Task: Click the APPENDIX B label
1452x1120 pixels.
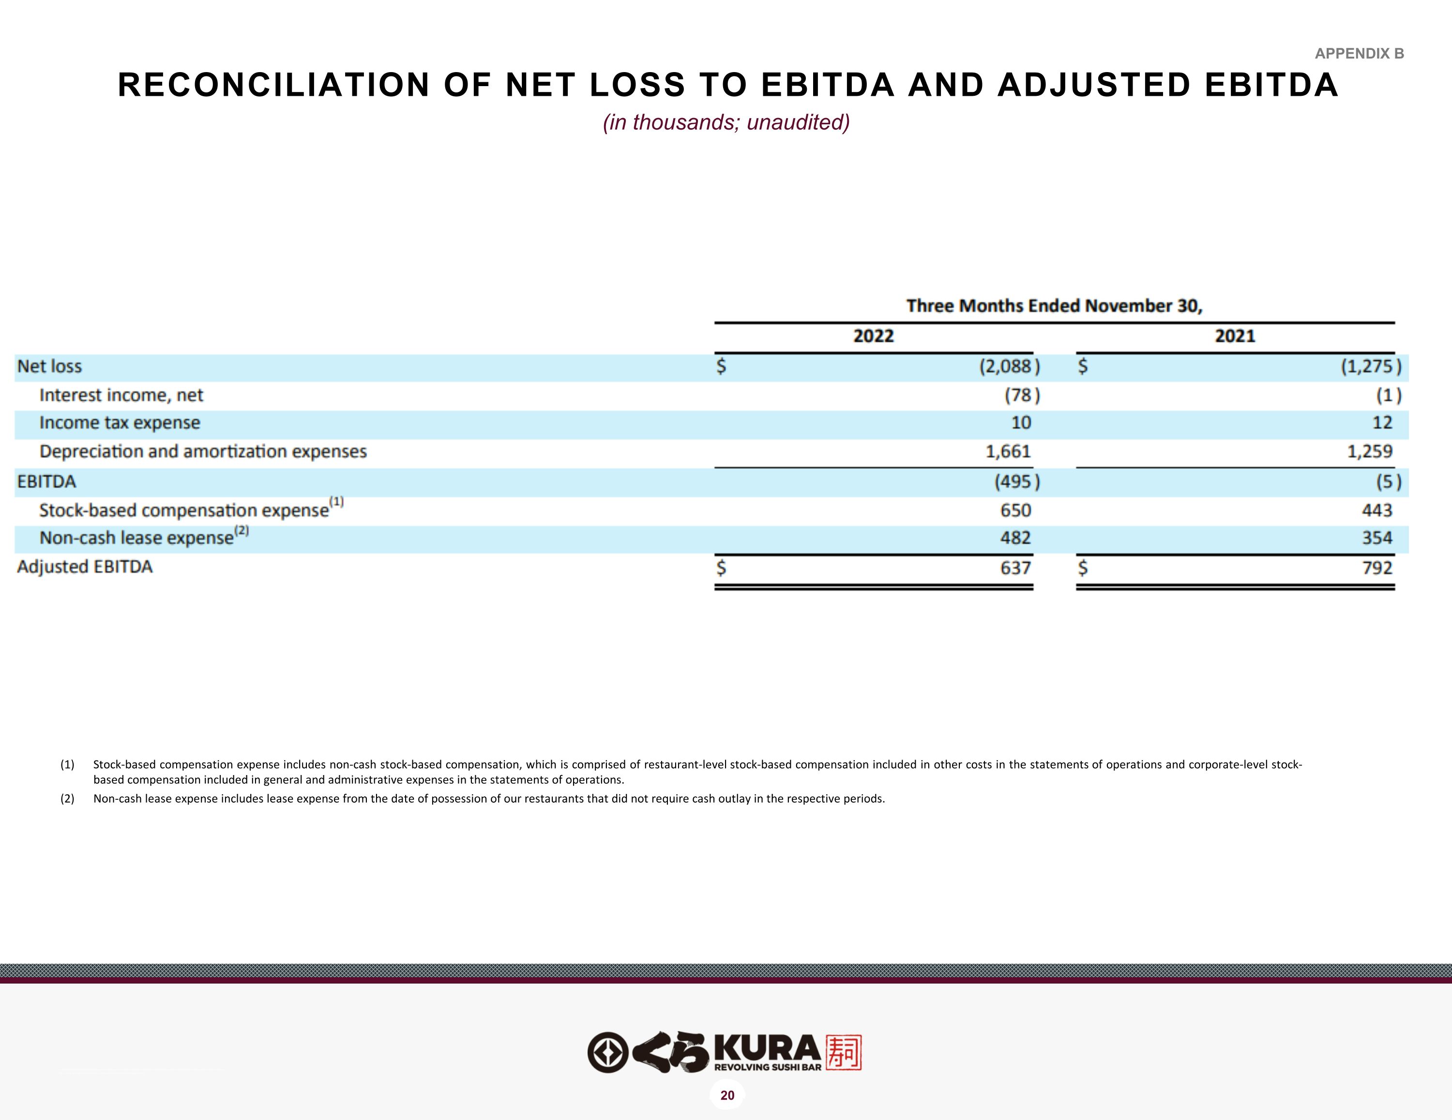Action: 1359,54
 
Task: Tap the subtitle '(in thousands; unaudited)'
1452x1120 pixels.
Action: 726,122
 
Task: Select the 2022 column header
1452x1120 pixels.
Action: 874,336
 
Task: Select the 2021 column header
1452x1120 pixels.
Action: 1235,336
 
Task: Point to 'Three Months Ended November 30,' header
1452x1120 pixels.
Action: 1055,306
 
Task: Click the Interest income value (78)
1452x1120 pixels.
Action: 1022,395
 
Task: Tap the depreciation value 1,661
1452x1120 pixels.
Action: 1008,452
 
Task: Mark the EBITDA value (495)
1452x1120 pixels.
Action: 1016,482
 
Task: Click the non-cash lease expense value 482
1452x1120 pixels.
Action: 1015,538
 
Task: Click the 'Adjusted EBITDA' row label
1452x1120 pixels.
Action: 85,567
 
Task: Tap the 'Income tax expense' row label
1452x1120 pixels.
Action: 120,423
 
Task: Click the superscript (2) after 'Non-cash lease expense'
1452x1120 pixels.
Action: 242,531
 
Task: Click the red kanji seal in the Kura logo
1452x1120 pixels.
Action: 843,1052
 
